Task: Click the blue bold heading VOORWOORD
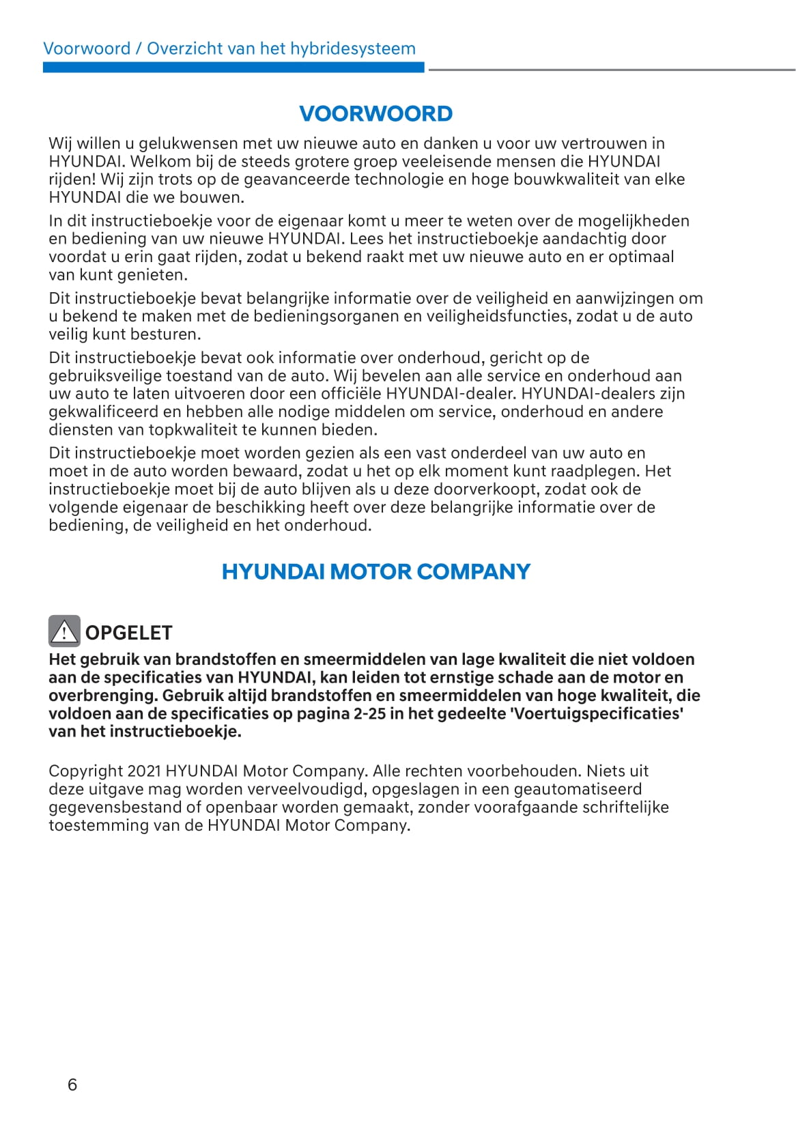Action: pos(375,113)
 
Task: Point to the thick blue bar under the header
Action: pos(233,68)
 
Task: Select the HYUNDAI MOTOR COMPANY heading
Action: pos(375,571)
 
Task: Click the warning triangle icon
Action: pos(64,631)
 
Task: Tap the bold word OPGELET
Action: pos(128,633)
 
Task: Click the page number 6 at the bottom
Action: pos(72,1085)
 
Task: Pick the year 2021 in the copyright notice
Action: pos(143,771)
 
